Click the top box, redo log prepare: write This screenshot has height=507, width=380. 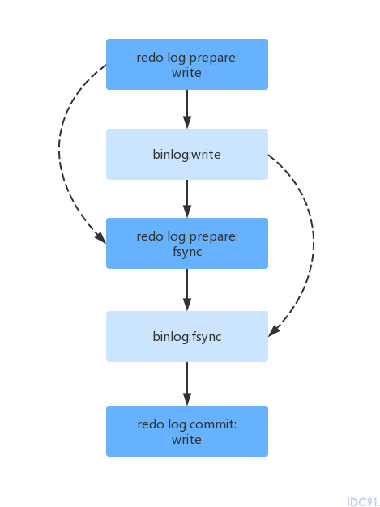[x=187, y=64]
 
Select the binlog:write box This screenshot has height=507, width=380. [x=187, y=154]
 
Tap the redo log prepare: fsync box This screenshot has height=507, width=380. [x=187, y=243]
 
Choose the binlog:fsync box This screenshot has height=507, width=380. [x=187, y=336]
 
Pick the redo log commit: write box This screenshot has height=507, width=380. [x=187, y=431]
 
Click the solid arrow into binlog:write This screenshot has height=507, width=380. [x=187, y=109]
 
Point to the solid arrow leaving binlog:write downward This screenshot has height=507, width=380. [x=187, y=198]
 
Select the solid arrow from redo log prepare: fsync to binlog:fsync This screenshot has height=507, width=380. [x=187, y=290]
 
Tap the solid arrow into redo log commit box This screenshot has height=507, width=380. [x=187, y=384]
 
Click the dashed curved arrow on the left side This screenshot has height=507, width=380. [x=59, y=152]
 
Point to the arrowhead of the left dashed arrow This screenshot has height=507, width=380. [x=101, y=237]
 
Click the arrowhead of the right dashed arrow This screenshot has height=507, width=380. [x=274, y=330]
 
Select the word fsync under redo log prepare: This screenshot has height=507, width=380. [x=187, y=252]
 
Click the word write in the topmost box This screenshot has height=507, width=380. [x=186, y=73]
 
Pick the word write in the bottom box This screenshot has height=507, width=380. [x=186, y=440]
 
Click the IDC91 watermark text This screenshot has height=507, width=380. [x=362, y=502]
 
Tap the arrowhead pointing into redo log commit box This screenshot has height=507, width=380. [x=187, y=399]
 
